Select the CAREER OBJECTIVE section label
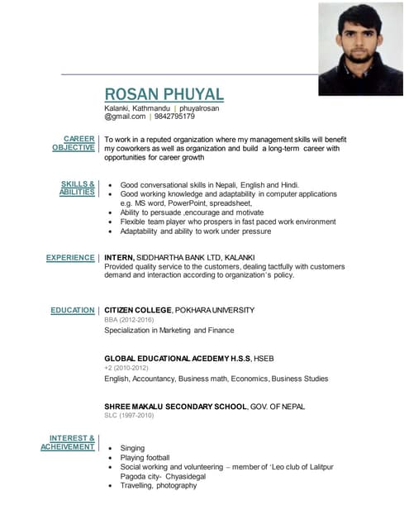pos(74,143)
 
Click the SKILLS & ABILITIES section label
pos(77,188)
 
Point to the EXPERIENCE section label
pos(70,258)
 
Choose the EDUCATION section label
pos(73,311)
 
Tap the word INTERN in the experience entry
pos(118,258)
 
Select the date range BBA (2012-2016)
pos(129,320)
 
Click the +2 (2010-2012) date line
pos(126,369)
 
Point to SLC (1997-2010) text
pos(129,416)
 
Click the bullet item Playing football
pos(145,458)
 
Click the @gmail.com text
pos(124,117)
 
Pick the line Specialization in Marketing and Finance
pos(169,331)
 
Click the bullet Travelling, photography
pos(159,486)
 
